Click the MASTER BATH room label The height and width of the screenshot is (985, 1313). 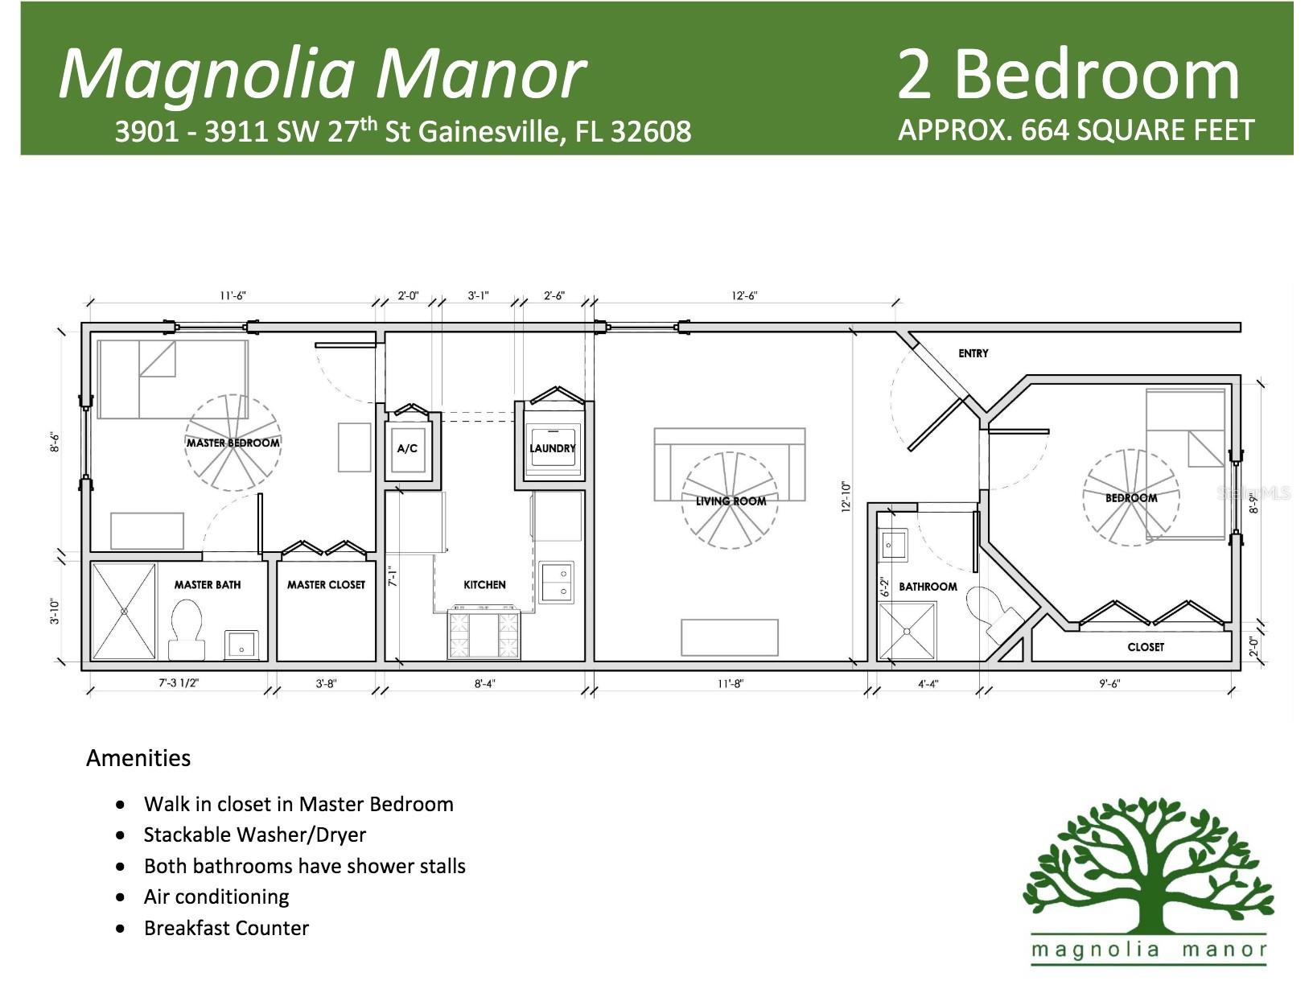pos(208,585)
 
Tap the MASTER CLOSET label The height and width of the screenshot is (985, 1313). pos(326,585)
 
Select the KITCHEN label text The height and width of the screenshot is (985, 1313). pos(484,585)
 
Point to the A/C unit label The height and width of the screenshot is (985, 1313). pos(407,448)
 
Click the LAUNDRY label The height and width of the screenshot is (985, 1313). pos(552,448)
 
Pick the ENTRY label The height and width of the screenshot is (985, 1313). pos(973,353)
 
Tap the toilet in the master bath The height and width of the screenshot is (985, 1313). pos(187,630)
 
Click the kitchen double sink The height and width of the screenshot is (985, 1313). pos(556,582)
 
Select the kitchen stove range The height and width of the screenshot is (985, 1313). pos(484,635)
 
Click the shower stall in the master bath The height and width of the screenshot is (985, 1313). pos(124,612)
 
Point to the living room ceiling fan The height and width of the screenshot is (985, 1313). pos(730,500)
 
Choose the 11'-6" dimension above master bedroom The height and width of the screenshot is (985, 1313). pos(233,295)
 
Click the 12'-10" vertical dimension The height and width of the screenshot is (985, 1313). pos(846,497)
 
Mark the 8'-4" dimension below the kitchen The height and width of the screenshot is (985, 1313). pos(485,683)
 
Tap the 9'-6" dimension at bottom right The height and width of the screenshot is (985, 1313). pos(1109,683)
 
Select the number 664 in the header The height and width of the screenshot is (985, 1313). pos(1044,130)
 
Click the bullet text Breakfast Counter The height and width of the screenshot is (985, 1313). pos(227,928)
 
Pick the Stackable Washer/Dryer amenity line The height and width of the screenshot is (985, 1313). pos(255,835)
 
